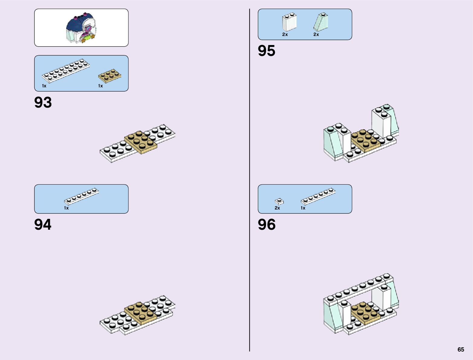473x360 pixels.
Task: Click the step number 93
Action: pos(43,102)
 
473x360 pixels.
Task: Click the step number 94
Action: pos(43,225)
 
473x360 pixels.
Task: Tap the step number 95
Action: pos(267,51)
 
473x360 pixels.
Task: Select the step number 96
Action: pos(267,225)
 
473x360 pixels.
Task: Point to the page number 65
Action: pos(461,350)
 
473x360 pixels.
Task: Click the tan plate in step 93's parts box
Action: pos(109,76)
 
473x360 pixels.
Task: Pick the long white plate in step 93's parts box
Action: pos(66,70)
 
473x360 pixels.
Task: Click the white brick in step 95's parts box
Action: pos(289,22)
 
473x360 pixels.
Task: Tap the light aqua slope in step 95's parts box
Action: pos(321,22)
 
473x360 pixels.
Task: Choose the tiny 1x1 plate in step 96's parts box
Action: pos(279,201)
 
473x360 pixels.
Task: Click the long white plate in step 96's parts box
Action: pos(318,196)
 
